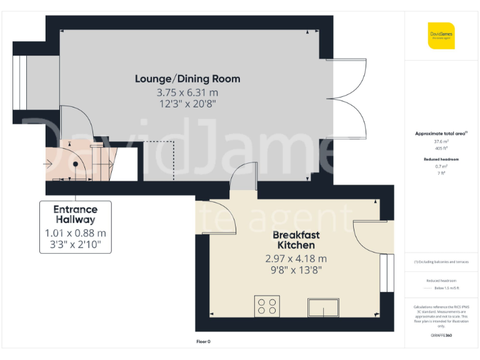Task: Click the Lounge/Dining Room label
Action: [x=187, y=79]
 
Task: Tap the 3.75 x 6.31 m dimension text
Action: [x=187, y=92]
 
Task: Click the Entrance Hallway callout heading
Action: [x=75, y=214]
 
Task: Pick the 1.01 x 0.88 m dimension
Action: [x=75, y=233]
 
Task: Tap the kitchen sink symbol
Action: [x=323, y=307]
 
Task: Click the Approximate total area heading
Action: [x=441, y=134]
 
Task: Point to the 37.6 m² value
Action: [x=441, y=141]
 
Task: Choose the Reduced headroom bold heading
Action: [x=441, y=159]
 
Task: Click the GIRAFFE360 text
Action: [x=441, y=336]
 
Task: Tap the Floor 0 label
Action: [x=204, y=341]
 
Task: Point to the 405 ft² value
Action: [x=441, y=148]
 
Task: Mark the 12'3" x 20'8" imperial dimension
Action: [x=187, y=104]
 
